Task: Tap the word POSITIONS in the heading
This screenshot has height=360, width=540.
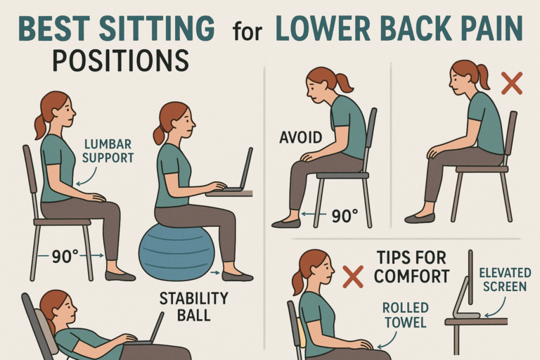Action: pos(120,60)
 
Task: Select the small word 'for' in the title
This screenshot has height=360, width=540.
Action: pos(247,31)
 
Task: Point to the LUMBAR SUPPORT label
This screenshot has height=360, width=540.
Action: pos(108,151)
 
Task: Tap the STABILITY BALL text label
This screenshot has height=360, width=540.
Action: pos(193,307)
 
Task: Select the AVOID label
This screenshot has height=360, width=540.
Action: pos(300,137)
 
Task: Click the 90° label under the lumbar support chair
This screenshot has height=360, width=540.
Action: pos(65,257)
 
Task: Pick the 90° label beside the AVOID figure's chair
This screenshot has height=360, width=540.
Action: pos(345,216)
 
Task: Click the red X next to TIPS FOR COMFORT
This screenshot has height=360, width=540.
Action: pos(353,276)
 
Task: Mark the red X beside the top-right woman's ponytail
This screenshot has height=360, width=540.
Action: pos(511,84)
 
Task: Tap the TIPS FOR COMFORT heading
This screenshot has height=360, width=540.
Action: pos(412,267)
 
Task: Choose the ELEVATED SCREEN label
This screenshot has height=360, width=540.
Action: pos(505,280)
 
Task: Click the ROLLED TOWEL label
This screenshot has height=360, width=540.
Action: pos(405,315)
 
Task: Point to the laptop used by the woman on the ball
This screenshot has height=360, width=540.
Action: pos(238,171)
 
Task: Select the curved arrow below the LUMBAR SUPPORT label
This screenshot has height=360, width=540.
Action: pos(86,176)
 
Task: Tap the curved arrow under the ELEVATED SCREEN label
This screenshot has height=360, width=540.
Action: pos(496,308)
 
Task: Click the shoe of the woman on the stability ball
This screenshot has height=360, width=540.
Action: pos(238,276)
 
